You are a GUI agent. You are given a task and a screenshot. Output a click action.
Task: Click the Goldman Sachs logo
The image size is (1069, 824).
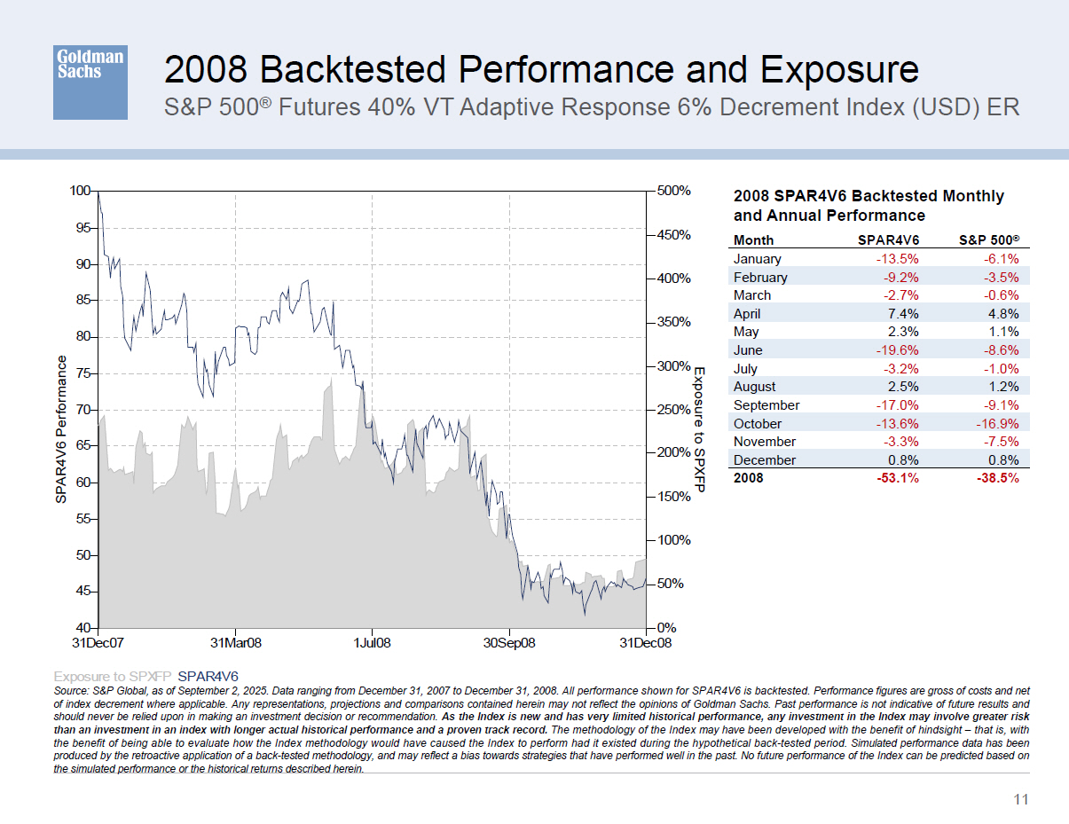tap(90, 82)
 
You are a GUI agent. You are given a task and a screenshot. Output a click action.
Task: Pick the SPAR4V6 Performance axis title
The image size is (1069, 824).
tap(61, 429)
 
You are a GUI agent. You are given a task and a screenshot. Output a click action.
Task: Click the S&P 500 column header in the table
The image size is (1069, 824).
tap(990, 239)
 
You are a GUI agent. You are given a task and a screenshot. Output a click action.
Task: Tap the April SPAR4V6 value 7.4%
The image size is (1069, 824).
tap(901, 313)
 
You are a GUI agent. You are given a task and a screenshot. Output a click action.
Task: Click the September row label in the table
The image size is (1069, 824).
tap(766, 405)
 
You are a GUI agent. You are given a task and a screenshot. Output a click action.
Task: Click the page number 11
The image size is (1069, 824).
tap(1020, 800)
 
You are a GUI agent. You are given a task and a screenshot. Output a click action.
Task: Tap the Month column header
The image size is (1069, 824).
tap(753, 239)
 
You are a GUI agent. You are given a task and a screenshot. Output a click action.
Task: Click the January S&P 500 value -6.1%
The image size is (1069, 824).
tap(998, 259)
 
